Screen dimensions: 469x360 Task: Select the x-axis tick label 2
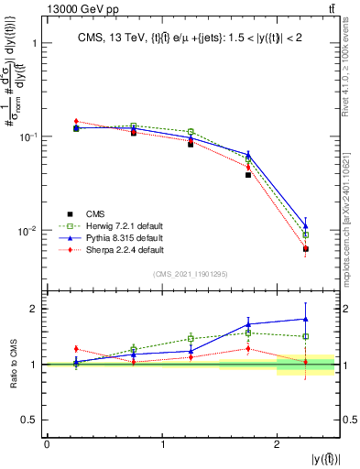click(277, 444)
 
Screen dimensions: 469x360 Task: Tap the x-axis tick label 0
click(47, 444)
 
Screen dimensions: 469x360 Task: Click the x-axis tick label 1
click(162, 444)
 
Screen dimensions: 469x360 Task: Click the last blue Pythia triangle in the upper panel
click(306, 225)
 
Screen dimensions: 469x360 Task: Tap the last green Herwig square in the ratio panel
click(306, 336)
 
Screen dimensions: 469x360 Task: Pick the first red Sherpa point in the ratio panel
click(75, 349)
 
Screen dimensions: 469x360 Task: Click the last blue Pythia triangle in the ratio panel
click(306, 319)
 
